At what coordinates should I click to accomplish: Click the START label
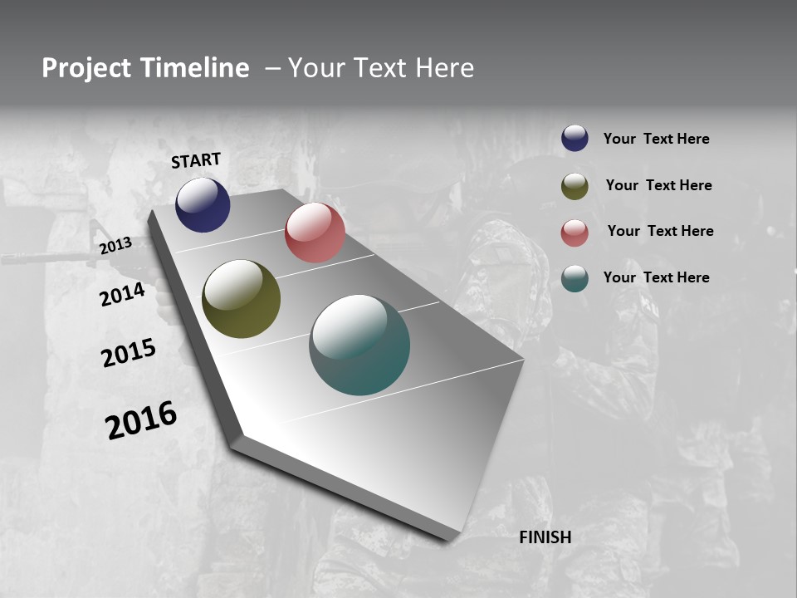click(x=196, y=160)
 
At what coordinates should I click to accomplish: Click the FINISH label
click(x=545, y=537)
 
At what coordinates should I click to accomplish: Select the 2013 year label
click(x=115, y=245)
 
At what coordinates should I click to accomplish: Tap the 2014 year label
click(x=122, y=294)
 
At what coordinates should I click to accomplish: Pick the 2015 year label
click(x=129, y=353)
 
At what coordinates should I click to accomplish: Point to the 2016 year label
click(x=141, y=419)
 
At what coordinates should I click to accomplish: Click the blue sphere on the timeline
click(x=203, y=204)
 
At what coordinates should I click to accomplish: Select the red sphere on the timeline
click(x=315, y=233)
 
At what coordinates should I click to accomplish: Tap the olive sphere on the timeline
click(x=242, y=299)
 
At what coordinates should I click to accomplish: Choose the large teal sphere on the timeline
click(x=359, y=345)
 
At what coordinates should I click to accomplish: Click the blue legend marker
click(x=575, y=138)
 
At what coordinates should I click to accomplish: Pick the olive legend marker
click(x=575, y=186)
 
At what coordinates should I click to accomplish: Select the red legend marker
click(x=575, y=233)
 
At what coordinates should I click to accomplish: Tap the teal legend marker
click(x=575, y=278)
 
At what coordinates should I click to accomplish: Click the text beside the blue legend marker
click(x=656, y=139)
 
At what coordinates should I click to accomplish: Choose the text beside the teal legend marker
click(x=656, y=277)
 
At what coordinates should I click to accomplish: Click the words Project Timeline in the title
click(x=145, y=68)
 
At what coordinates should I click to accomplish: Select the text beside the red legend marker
click(x=660, y=231)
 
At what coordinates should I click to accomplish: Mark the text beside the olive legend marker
click(x=658, y=185)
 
